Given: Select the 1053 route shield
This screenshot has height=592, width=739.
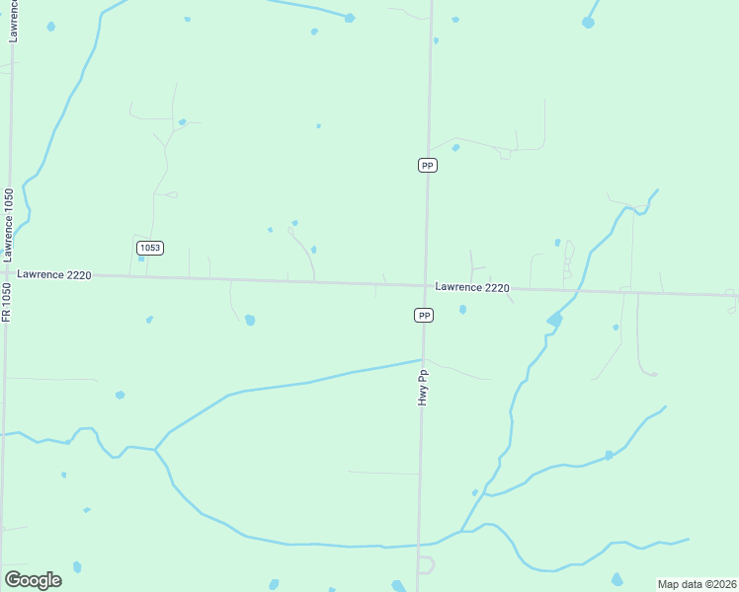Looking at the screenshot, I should click(x=149, y=248).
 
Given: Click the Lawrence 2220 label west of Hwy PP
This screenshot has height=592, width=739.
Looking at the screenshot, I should click(x=53, y=275).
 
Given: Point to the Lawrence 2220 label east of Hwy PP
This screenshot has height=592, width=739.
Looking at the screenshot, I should click(x=472, y=288).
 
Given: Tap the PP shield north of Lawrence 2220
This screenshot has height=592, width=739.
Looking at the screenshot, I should click(x=428, y=166).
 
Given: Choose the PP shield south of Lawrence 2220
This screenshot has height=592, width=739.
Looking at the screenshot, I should click(x=424, y=315).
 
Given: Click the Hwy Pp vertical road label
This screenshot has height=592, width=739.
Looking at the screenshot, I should click(x=423, y=387).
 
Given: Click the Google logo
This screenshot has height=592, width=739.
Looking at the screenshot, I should click(x=33, y=579).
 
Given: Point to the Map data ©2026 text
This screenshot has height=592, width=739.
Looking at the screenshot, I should click(x=698, y=584).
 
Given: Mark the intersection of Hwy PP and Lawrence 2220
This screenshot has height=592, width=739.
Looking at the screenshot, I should click(x=426, y=286).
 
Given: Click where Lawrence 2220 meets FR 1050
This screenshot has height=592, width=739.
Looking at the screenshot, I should click(x=8, y=272).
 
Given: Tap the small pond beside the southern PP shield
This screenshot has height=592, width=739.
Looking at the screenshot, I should click(x=462, y=310).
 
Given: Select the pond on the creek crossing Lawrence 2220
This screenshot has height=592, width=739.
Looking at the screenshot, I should click(x=555, y=320).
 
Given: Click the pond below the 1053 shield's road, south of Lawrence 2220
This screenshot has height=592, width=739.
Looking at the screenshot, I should click(x=250, y=320).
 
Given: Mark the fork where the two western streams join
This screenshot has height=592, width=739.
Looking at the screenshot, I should click(x=156, y=450).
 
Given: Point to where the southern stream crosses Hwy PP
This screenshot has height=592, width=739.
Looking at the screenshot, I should click(x=419, y=544).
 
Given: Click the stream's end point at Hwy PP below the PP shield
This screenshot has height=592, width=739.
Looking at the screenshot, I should click(x=423, y=359).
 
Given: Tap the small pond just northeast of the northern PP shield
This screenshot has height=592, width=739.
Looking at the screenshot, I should click(x=455, y=148).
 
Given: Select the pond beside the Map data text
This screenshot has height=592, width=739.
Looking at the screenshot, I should click(x=617, y=579).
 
